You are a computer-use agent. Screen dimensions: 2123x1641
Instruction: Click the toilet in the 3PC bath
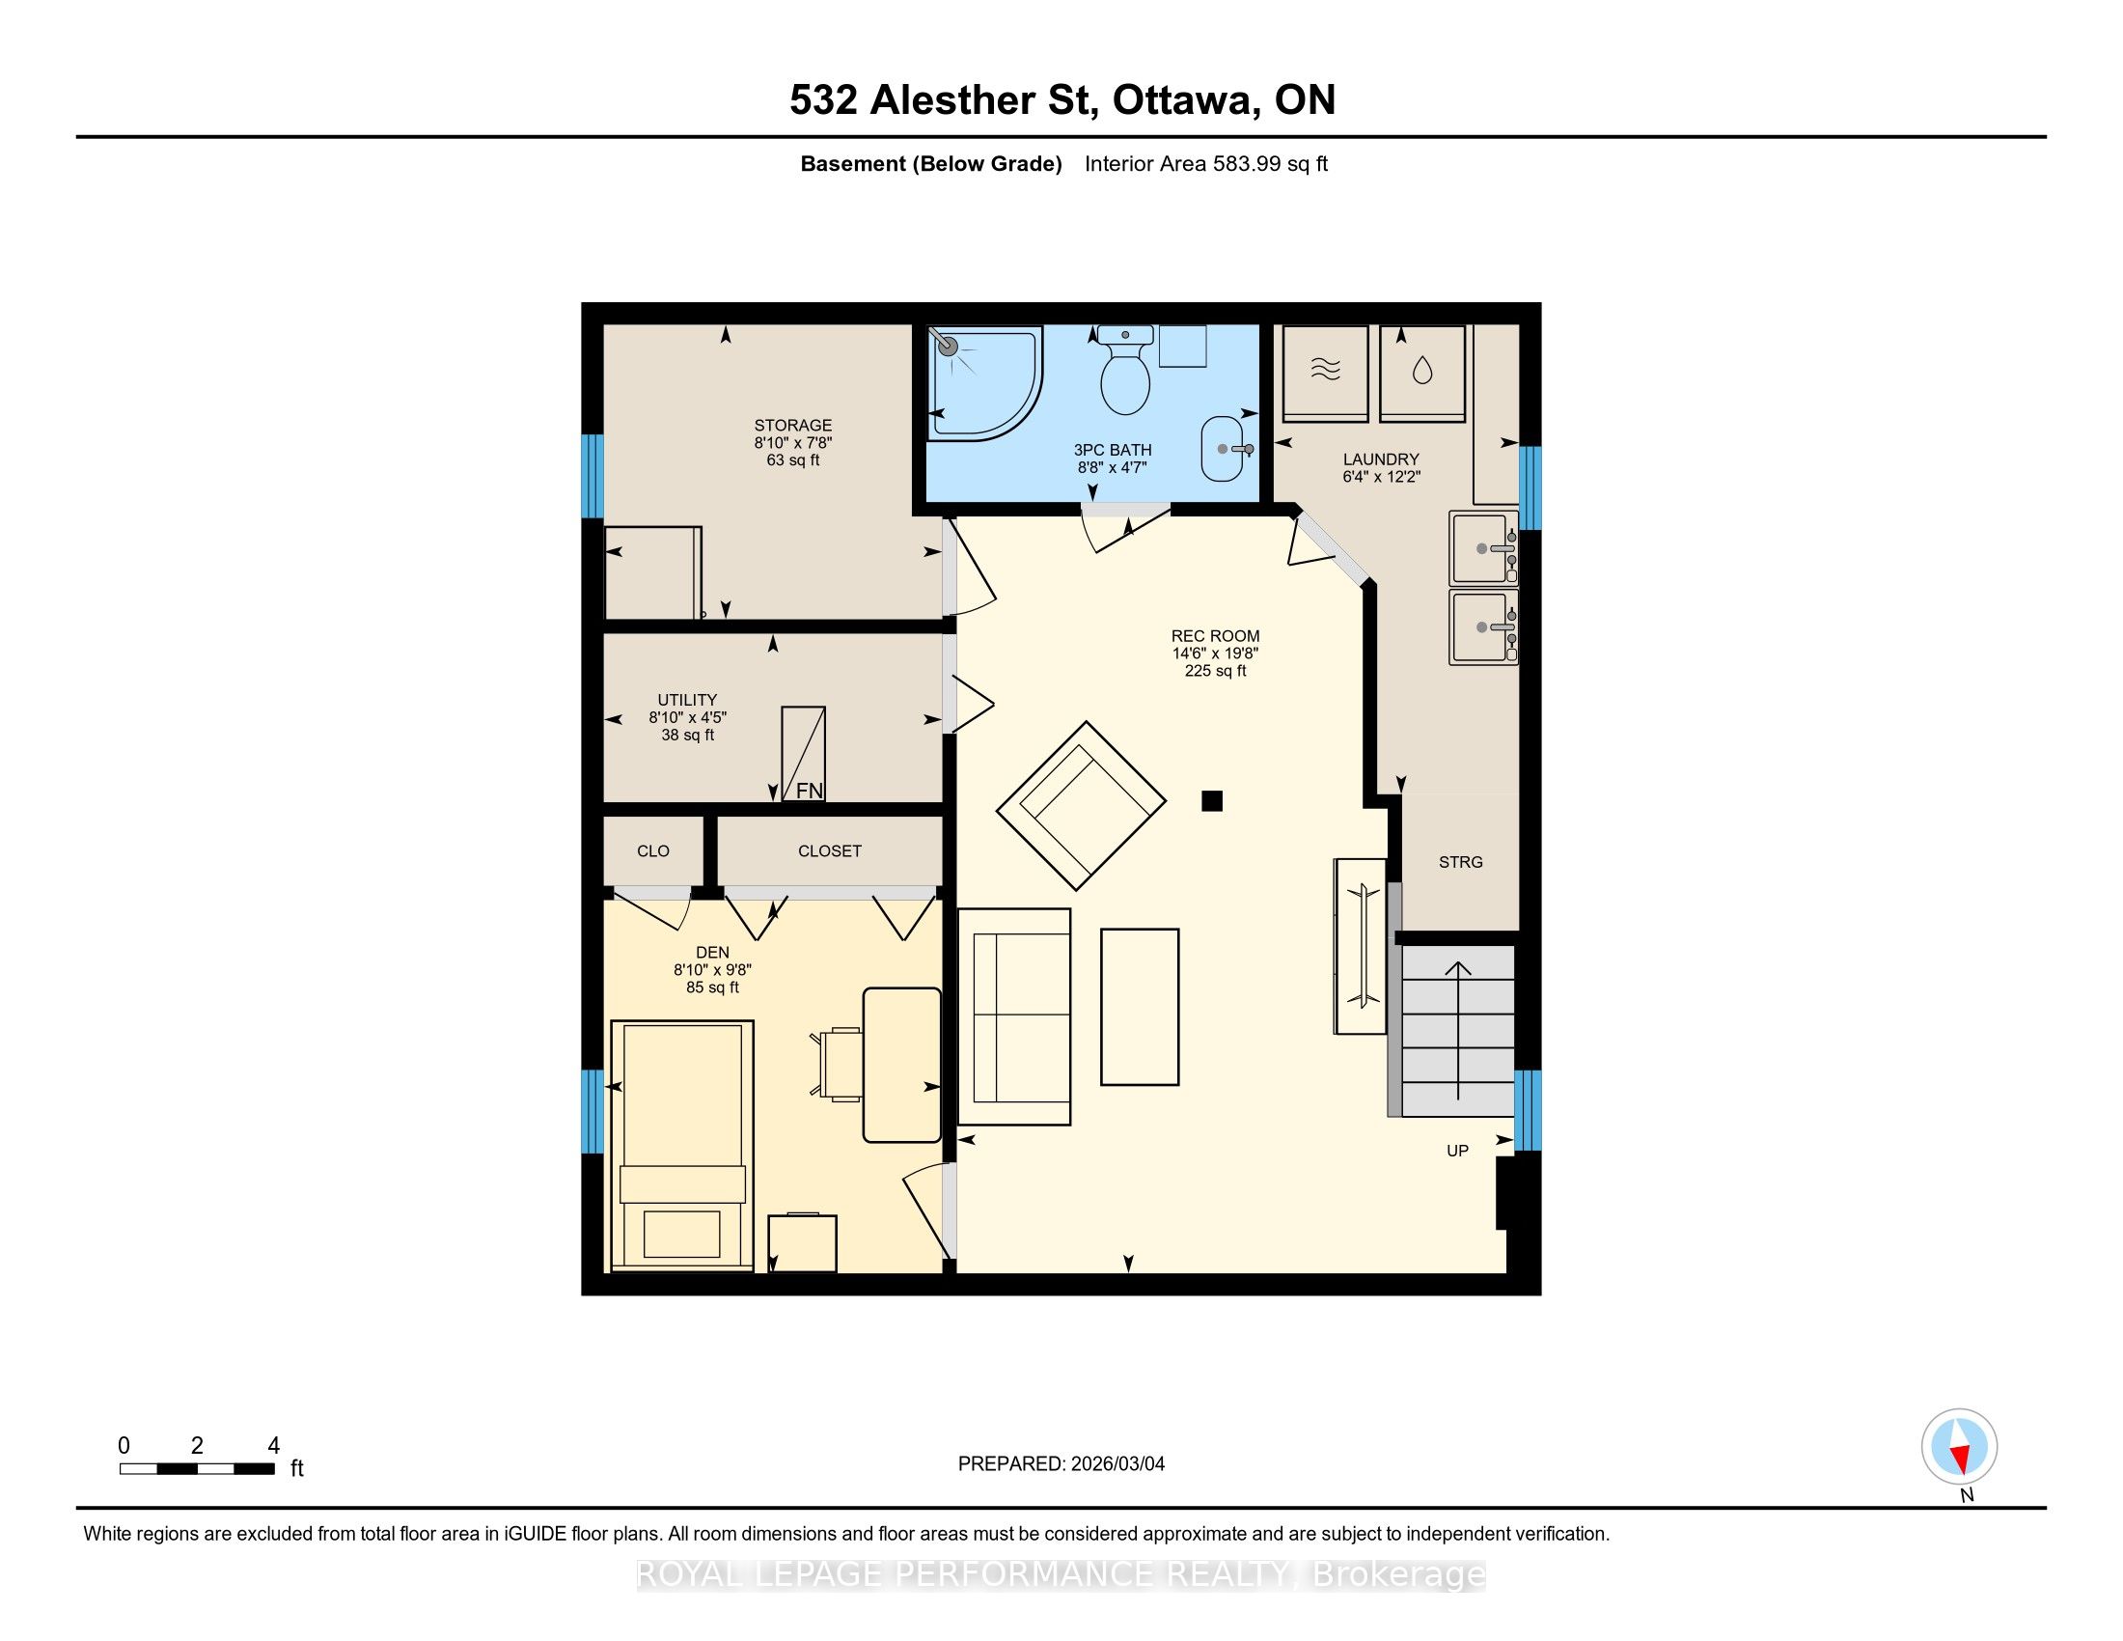coord(1124,371)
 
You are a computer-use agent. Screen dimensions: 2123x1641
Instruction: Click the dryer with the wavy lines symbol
coord(1325,374)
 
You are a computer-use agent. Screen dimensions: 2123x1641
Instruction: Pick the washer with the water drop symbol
coord(1422,374)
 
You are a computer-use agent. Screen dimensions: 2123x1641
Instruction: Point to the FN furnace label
coord(809,792)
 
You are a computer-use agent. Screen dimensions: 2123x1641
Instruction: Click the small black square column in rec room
coord(1211,801)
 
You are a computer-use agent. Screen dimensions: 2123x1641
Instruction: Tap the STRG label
coord(1460,862)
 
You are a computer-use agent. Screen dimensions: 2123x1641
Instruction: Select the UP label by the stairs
coord(1457,1151)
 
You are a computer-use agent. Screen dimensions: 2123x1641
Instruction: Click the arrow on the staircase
coord(1458,1031)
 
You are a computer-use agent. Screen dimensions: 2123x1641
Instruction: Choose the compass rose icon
coord(1959,1447)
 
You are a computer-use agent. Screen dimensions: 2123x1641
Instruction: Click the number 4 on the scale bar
coord(273,1446)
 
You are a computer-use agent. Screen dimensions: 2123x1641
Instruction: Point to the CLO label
coord(653,851)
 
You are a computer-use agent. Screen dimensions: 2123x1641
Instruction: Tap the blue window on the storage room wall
coord(592,476)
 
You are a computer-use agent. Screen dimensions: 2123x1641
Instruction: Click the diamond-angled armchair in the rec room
coord(1081,805)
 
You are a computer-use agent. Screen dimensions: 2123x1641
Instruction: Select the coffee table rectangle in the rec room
coord(1140,1006)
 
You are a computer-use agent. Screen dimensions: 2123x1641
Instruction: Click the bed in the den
coord(681,1145)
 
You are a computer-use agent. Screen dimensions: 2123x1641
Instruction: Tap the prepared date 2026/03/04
coord(1117,1464)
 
